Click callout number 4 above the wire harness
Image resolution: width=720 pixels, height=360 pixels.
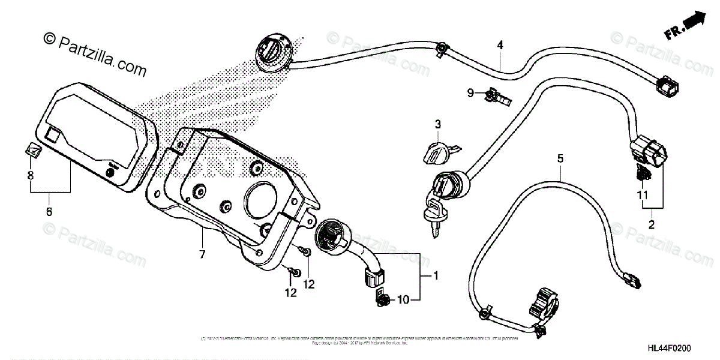click(500, 45)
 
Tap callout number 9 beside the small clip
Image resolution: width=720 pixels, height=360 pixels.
click(472, 92)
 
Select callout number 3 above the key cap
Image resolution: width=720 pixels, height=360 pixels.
click(438, 125)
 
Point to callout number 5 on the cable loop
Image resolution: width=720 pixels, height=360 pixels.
click(560, 159)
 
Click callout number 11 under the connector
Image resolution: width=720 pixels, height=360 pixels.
click(643, 195)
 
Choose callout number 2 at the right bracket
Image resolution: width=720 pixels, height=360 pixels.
click(652, 226)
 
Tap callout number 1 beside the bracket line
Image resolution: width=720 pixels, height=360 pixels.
click(436, 276)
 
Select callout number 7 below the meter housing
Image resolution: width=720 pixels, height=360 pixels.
click(202, 255)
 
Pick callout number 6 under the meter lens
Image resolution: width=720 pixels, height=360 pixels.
click(49, 212)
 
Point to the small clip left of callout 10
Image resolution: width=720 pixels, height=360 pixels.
click(380, 298)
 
